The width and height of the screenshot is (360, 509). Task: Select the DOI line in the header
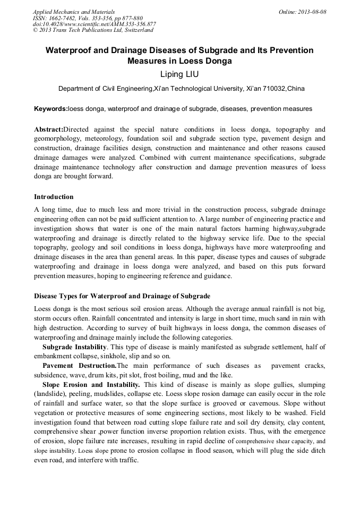pyautogui.click(x=95, y=24)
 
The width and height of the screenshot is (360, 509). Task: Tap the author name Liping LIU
pyautogui.click(x=179, y=74)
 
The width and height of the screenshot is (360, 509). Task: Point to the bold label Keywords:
pyautogui.click(x=51, y=109)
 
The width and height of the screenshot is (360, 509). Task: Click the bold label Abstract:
pyautogui.click(x=48, y=129)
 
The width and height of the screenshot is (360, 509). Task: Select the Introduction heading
pyautogui.click(x=54, y=197)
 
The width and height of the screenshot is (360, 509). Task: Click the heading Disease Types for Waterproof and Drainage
pyautogui.click(x=122, y=296)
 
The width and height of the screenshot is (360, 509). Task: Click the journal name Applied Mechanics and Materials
pyautogui.click(x=73, y=11)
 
